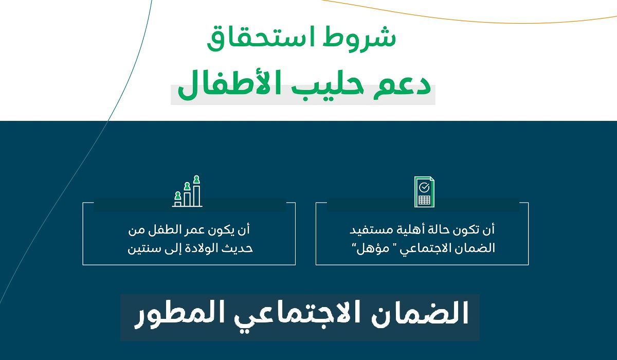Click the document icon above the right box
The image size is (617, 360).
(x=424, y=192)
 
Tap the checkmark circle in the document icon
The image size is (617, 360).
(x=424, y=186)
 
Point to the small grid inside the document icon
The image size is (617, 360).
(x=424, y=200)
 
